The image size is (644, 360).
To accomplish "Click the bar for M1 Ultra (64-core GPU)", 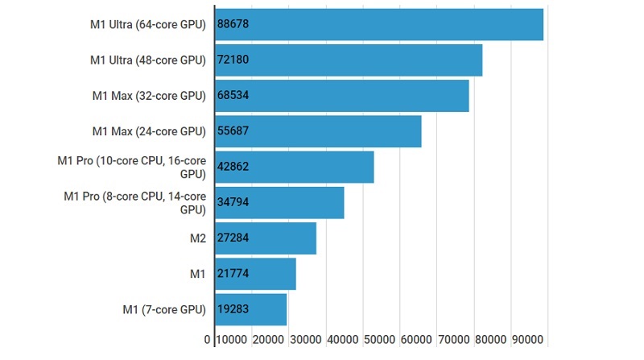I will (378, 24).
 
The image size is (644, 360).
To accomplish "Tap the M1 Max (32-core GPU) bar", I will (341, 96).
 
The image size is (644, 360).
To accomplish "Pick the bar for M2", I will (265, 238).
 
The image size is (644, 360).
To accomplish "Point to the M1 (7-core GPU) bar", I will (250, 309).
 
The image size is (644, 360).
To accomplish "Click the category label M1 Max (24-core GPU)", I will (149, 131).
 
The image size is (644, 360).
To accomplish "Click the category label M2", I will (196, 238).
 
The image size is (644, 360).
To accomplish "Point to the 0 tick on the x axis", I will (208, 340).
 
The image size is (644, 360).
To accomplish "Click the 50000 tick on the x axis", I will (380, 340).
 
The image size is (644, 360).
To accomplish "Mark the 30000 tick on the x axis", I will (306, 340).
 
